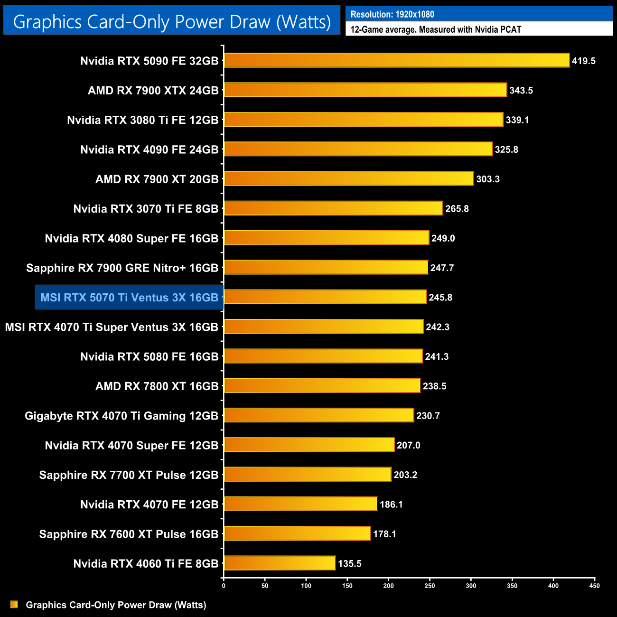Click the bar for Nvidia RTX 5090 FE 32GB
(396, 60)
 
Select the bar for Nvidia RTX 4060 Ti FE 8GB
(280, 563)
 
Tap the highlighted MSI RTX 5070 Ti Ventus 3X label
(129, 298)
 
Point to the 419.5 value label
(583, 61)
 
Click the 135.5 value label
(350, 564)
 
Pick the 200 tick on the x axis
(388, 585)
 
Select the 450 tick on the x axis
(594, 585)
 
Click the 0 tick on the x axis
(224, 585)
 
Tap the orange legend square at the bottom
(14, 605)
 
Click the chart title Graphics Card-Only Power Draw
(172, 21)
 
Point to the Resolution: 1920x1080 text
(393, 14)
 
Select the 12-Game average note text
(436, 29)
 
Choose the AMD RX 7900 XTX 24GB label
(153, 90)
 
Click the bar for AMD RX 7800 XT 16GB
(322, 386)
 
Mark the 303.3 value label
(488, 179)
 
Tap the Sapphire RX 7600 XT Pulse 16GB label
(129, 534)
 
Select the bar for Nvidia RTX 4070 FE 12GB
(300, 504)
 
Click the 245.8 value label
(440, 298)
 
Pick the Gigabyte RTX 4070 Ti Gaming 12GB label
(122, 416)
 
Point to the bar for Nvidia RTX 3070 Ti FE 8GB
(333, 208)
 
